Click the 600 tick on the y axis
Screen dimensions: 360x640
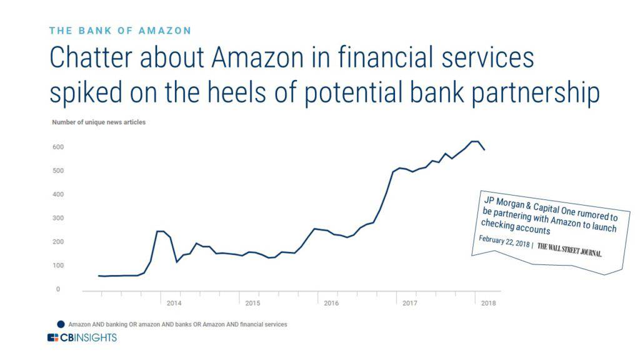59,147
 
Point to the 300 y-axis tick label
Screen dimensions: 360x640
59,218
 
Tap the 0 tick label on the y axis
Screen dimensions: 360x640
57,289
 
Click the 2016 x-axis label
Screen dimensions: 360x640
331,303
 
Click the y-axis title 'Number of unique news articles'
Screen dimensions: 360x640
98,122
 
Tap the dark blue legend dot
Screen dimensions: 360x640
61,324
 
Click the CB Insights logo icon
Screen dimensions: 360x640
53,338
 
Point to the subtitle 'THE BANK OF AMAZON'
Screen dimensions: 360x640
120,30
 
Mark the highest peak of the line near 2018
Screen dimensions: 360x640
475,141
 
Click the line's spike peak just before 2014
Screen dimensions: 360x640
160,231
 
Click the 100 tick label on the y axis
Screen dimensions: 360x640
59,266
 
